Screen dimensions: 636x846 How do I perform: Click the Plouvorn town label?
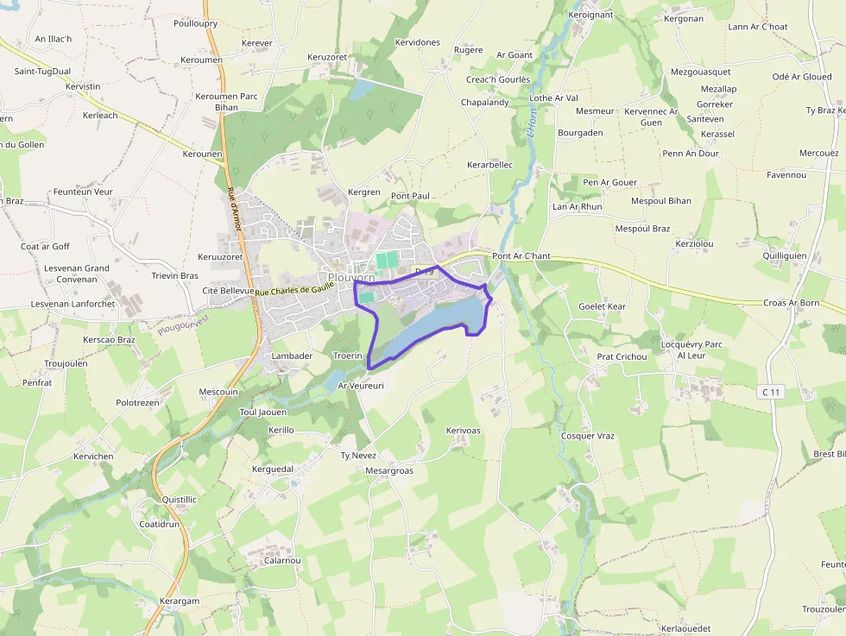point(351,278)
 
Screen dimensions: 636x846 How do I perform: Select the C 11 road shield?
point(771,392)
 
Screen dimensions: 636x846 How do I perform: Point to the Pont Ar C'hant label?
point(521,256)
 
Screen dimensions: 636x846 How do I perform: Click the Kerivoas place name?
point(464,430)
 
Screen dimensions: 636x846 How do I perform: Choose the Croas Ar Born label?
point(791,303)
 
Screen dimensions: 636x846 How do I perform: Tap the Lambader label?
point(292,356)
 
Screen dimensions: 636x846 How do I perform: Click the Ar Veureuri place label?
point(361,386)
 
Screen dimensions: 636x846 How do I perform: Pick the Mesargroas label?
point(389,470)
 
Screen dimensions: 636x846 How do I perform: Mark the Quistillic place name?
point(180,499)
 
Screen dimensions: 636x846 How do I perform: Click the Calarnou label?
point(282,560)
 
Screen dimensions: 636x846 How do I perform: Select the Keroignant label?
point(590,15)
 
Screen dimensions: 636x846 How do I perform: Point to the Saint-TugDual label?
point(42,72)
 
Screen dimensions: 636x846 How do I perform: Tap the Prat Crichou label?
point(622,356)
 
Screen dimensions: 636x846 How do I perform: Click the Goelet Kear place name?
point(602,306)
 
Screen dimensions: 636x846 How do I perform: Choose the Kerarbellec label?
point(489,164)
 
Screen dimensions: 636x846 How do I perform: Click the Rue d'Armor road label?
point(233,208)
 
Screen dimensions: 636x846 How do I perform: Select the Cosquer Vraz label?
point(588,436)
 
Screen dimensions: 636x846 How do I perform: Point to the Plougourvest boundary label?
point(183,324)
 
